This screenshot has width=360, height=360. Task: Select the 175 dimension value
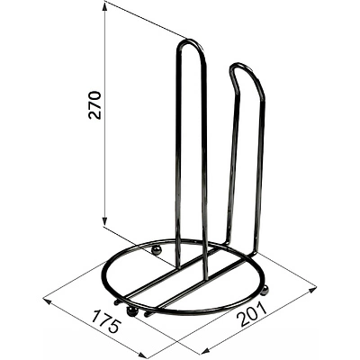click(x=106, y=322)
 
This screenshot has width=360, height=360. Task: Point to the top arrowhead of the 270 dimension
click(x=104, y=8)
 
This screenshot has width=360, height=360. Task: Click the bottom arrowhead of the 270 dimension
click(x=104, y=221)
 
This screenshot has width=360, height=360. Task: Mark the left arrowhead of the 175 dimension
click(x=48, y=301)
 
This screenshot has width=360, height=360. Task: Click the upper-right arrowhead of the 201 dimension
click(x=312, y=290)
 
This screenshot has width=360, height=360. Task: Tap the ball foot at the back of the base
click(x=157, y=249)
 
